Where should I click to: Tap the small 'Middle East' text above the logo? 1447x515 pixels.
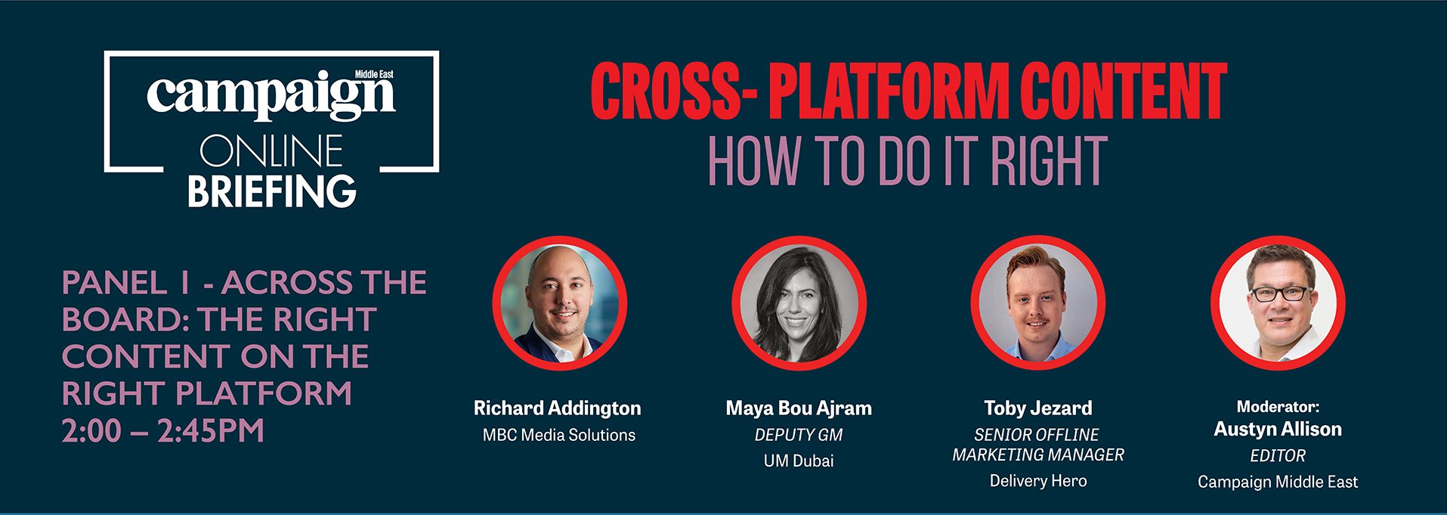[x=374, y=74]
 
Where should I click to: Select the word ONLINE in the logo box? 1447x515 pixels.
[x=271, y=151]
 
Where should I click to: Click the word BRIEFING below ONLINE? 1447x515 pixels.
[x=271, y=191]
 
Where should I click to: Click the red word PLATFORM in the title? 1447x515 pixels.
[x=888, y=92]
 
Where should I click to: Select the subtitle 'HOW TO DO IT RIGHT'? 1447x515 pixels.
[x=907, y=161]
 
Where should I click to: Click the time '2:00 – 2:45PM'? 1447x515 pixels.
[x=163, y=431]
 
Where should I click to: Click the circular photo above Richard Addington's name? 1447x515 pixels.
[x=560, y=303]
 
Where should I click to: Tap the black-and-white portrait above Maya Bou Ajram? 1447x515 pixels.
[x=799, y=303]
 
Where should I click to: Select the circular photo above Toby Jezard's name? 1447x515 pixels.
[x=1038, y=303]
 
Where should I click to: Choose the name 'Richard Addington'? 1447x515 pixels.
[x=557, y=408]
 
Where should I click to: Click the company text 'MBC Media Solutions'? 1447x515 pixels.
[x=559, y=435]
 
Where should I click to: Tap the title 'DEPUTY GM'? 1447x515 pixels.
[x=799, y=435]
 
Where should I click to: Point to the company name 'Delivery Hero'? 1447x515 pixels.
[x=1038, y=481]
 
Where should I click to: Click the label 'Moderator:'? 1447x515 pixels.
[x=1278, y=407]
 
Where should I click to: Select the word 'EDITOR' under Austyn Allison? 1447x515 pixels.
[x=1278, y=456]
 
